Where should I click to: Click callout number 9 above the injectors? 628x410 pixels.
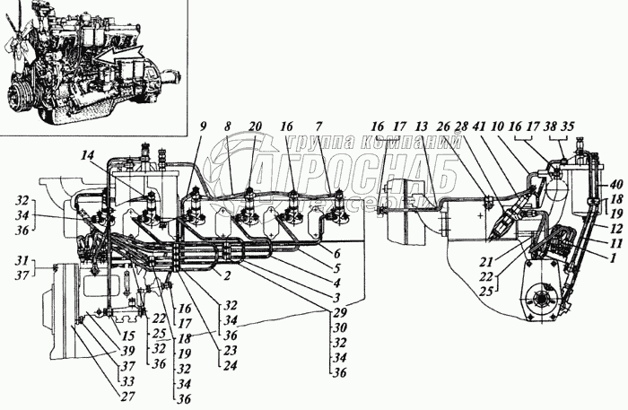(203, 127)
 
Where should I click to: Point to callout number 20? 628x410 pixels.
(257, 127)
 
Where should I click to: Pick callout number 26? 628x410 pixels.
(443, 127)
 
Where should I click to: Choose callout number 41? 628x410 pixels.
(481, 127)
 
